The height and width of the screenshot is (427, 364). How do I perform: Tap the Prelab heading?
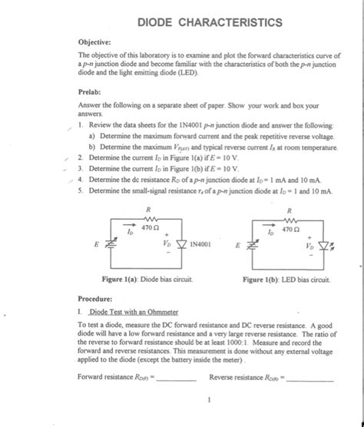(x=91, y=91)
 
